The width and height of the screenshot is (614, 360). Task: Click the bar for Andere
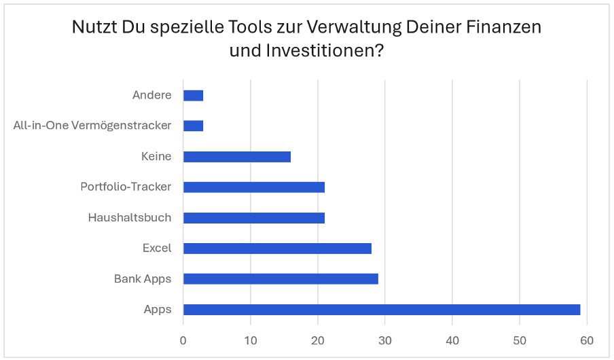[x=194, y=95]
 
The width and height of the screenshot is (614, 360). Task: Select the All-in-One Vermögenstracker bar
[x=194, y=126]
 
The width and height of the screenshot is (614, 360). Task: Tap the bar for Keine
[x=237, y=157]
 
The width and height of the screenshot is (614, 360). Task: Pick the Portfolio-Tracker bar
[x=254, y=187]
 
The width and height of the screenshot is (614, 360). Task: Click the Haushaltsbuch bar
[x=254, y=218]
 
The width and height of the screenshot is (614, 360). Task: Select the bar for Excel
[x=277, y=249]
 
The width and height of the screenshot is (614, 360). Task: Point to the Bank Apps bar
[x=281, y=279]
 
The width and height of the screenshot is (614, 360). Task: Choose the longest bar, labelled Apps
[x=382, y=310]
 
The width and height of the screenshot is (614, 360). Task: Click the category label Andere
[x=152, y=95]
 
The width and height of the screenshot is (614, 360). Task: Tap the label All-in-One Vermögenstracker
[x=92, y=126]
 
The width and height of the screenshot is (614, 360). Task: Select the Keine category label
[x=156, y=157]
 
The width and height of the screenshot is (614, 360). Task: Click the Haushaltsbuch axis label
[x=130, y=218]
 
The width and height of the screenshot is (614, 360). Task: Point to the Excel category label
[x=157, y=249]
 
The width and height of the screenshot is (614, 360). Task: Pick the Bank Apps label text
[x=143, y=279]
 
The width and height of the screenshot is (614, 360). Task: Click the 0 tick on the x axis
[x=183, y=340]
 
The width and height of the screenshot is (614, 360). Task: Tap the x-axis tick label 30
[x=385, y=340]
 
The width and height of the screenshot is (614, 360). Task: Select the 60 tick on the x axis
[x=587, y=340]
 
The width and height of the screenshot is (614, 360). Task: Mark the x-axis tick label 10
[x=251, y=340]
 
